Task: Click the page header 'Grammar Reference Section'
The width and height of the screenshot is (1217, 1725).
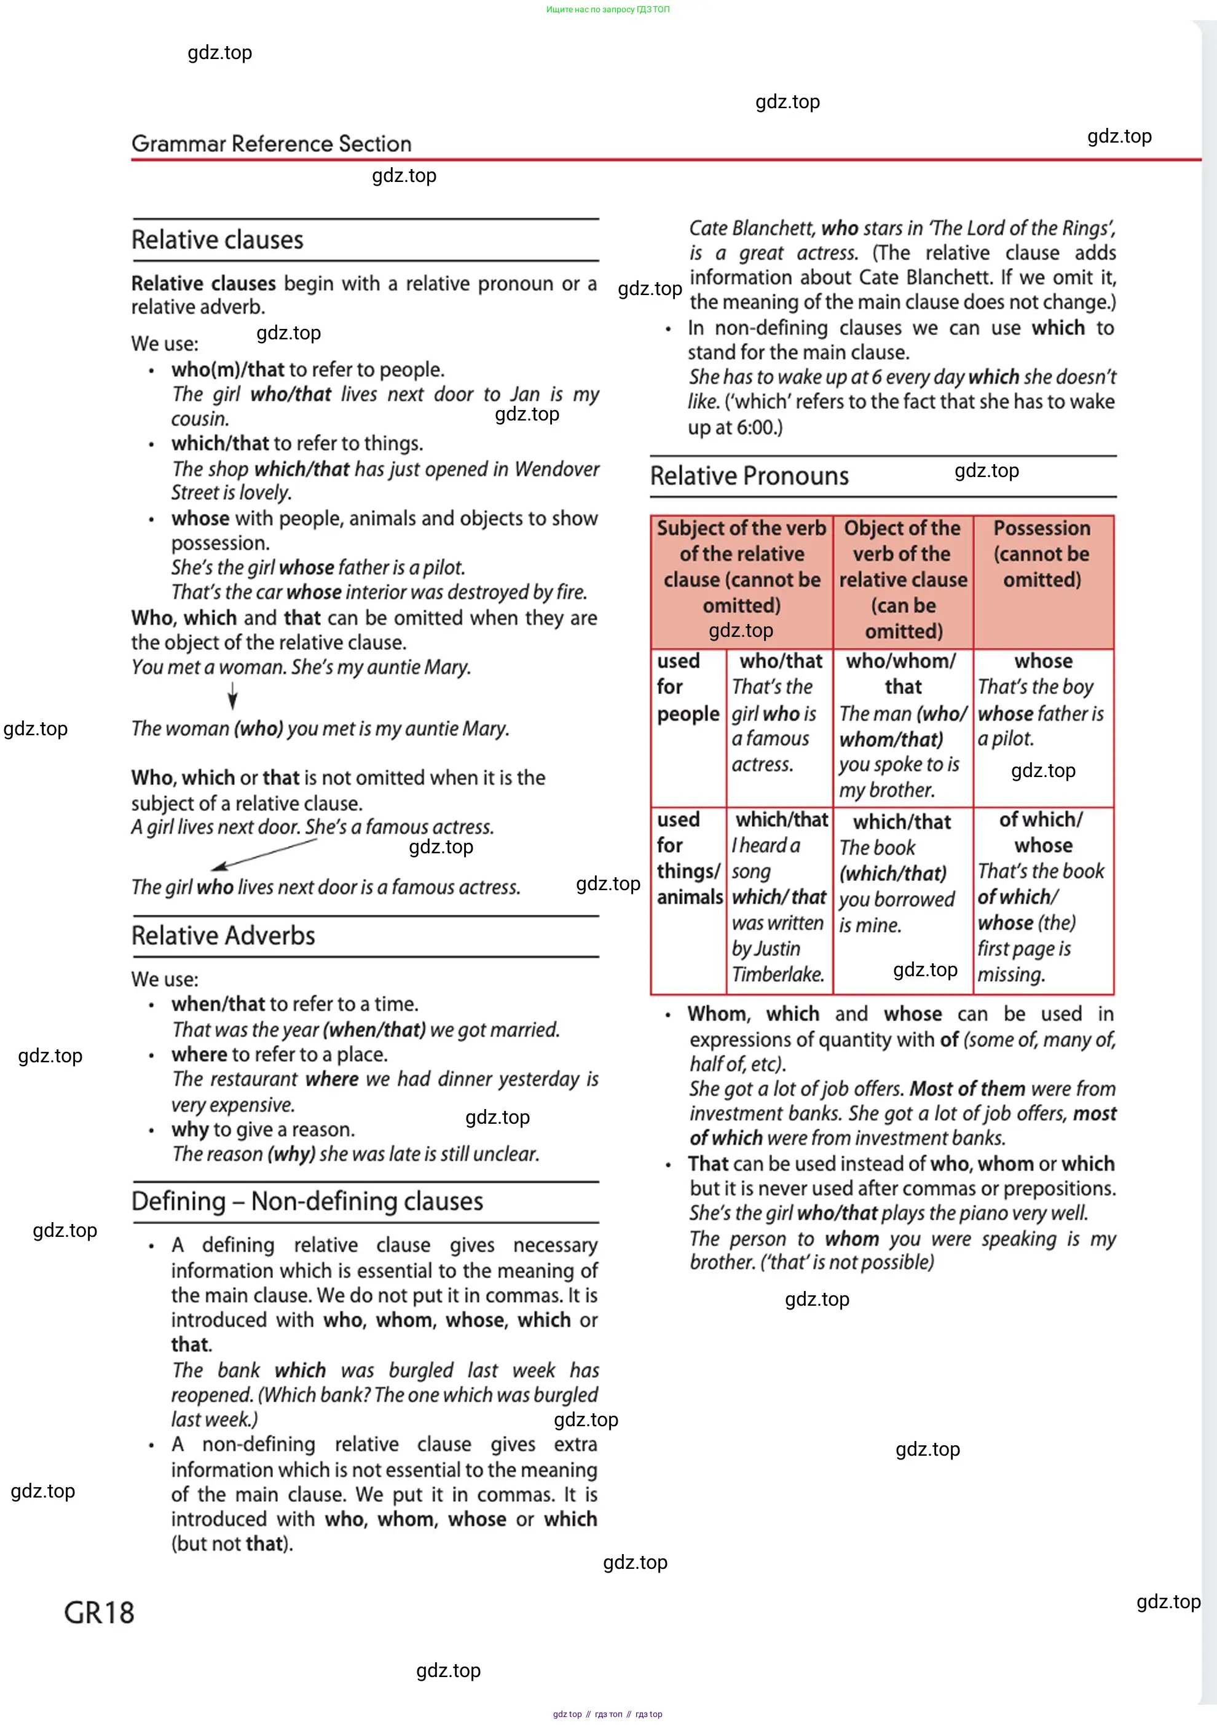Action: (x=271, y=143)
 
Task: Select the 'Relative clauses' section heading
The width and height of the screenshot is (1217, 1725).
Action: (x=217, y=240)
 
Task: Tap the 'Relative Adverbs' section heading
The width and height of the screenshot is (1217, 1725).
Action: (x=223, y=936)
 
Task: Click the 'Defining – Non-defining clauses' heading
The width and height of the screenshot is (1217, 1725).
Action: (x=307, y=1201)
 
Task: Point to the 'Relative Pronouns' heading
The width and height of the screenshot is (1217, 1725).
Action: (x=749, y=476)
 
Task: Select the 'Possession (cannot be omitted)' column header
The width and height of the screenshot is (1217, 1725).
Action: (x=1042, y=555)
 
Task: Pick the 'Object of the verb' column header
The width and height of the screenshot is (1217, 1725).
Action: (x=903, y=579)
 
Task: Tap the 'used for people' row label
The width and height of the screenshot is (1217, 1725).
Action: (x=687, y=687)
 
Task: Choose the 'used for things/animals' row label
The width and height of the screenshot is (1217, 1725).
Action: (x=688, y=858)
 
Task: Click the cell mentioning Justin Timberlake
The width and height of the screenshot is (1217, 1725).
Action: (x=779, y=897)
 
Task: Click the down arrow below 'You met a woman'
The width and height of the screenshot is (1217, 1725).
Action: (x=233, y=697)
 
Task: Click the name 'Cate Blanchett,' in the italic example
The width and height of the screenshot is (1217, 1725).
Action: (x=752, y=229)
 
